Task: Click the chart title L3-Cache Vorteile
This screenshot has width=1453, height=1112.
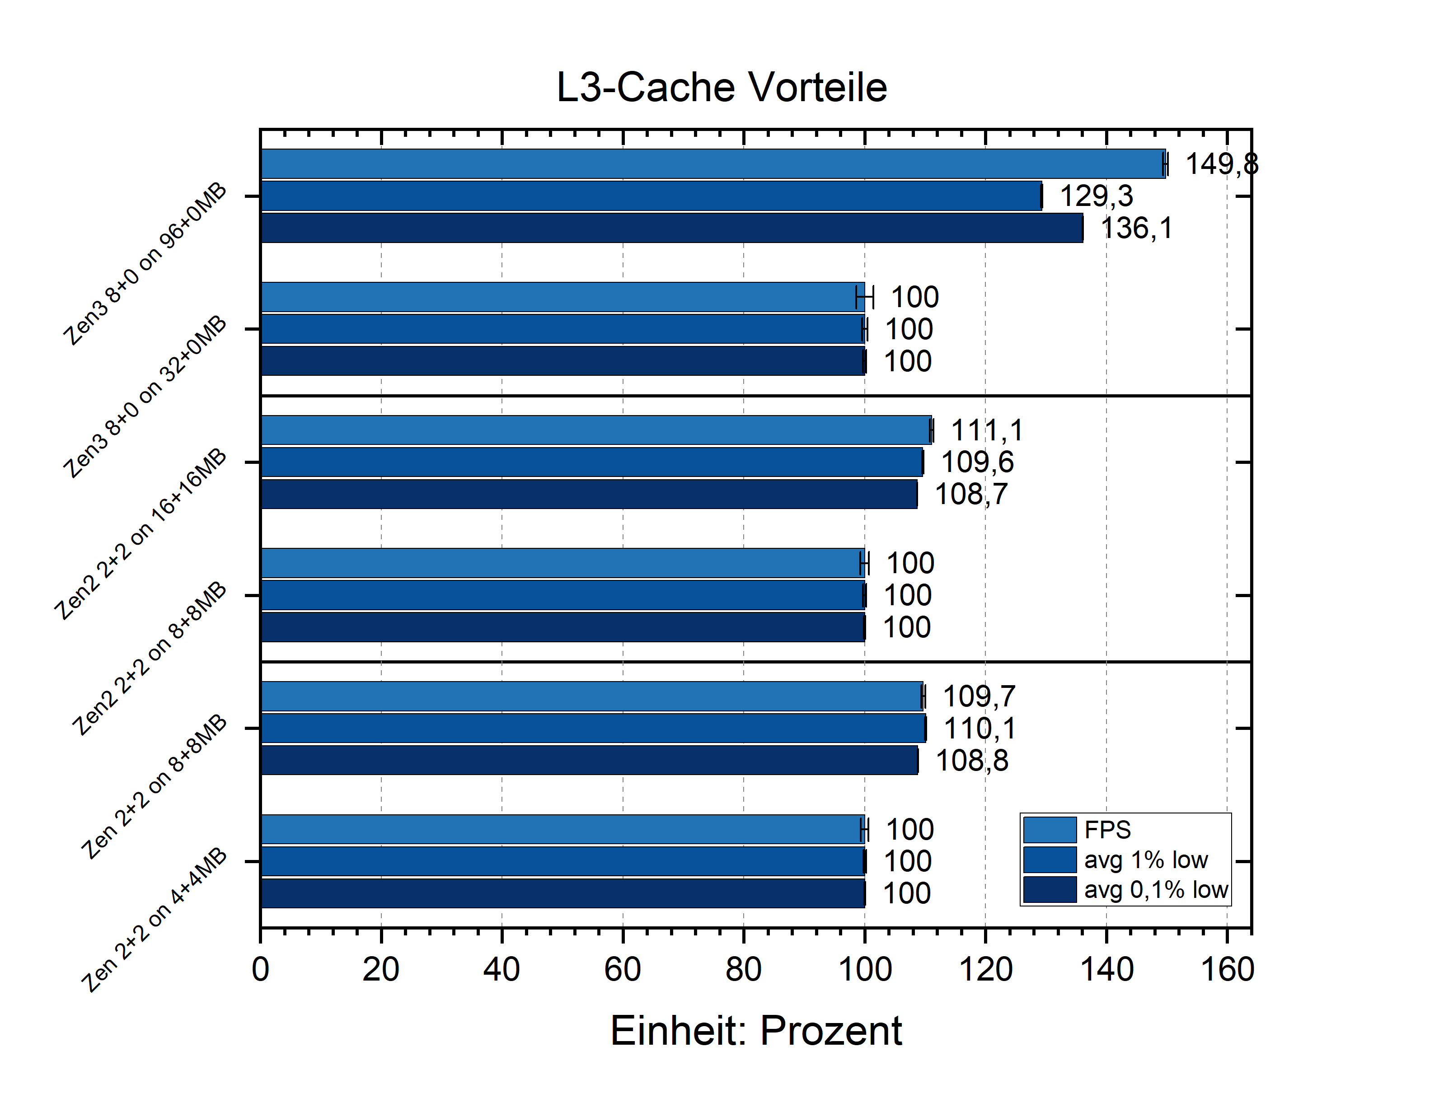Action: pos(721,87)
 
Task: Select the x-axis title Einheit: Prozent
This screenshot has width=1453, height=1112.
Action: pos(755,1031)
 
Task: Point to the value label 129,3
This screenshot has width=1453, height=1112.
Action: pos(1096,196)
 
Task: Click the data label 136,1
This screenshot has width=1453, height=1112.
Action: pos(1136,229)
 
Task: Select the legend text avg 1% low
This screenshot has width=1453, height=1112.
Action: pos(1145,860)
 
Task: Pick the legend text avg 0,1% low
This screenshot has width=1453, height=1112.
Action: pos(1156,890)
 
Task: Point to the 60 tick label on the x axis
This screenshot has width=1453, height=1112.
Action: pos(622,970)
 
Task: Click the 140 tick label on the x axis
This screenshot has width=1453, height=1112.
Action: pos(1106,970)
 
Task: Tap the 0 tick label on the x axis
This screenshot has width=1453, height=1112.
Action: pos(260,970)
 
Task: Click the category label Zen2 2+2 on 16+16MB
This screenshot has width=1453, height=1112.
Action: pos(141,535)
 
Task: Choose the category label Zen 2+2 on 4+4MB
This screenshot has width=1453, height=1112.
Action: pos(154,920)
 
